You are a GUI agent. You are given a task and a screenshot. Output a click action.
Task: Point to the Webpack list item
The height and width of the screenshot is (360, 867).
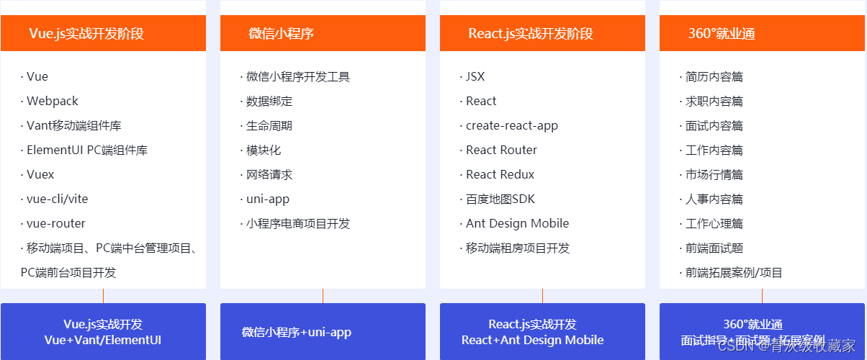tap(52, 102)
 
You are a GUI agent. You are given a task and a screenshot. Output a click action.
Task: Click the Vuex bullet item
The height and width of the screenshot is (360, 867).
tap(40, 175)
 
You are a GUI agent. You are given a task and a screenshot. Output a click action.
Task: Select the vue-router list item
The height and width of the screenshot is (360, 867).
tap(55, 224)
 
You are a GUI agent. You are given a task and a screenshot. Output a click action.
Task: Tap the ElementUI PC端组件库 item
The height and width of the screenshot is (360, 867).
tap(86, 150)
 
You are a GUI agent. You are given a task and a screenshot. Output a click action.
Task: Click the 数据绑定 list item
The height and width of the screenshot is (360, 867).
tap(269, 102)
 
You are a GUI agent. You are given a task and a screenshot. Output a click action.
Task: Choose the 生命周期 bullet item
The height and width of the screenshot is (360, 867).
tap(269, 126)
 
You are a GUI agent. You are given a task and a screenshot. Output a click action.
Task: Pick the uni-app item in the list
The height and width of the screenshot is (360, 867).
tap(267, 199)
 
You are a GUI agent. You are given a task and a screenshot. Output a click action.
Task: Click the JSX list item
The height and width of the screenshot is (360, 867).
tap(475, 77)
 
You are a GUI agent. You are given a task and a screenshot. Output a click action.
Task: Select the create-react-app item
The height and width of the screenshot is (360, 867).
tap(511, 126)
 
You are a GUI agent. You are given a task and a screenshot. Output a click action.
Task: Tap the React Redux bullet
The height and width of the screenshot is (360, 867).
tap(500, 175)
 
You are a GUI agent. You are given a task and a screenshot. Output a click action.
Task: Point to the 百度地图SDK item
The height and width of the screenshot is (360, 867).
tap(500, 199)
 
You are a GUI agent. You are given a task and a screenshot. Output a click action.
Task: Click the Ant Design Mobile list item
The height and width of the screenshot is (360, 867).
tap(517, 224)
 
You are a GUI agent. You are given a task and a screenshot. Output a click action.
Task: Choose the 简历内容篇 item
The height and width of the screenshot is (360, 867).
tap(714, 77)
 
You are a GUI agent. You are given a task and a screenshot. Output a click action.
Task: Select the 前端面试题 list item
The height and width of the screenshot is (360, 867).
tap(714, 248)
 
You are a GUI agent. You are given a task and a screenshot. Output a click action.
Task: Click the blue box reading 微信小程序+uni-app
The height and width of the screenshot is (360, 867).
tap(323, 332)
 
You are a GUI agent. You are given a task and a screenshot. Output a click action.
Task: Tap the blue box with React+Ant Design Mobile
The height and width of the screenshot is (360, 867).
tap(542, 332)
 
